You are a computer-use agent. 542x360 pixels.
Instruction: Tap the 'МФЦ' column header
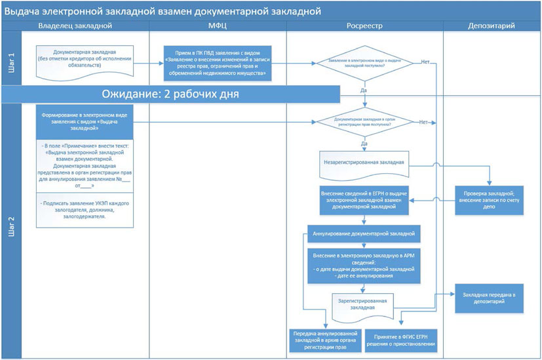(x=218, y=26)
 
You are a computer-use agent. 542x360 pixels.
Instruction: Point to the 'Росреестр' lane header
(x=364, y=26)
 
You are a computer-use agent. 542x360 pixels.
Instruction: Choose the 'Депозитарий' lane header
(x=491, y=26)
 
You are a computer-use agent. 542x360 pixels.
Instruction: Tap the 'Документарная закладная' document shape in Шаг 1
(x=85, y=62)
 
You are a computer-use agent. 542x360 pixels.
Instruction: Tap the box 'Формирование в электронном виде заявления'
(x=85, y=121)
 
